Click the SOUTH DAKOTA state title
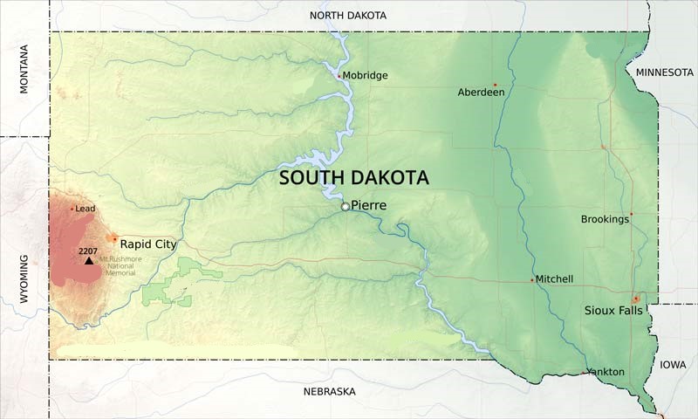point(353,178)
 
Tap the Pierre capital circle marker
point(346,207)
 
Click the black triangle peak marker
point(88,260)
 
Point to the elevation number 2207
point(87,251)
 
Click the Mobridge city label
point(365,76)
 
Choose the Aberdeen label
point(481,92)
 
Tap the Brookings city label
point(605,219)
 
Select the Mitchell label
point(554,279)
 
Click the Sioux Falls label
point(611,310)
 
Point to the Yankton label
point(606,372)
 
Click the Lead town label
point(85,209)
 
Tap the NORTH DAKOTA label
point(347,16)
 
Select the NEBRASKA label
point(329,392)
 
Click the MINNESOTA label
point(664,72)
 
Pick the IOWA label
point(673,365)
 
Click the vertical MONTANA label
point(24,69)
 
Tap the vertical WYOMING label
point(24,278)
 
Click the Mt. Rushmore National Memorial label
point(120,265)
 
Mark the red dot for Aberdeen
point(495,85)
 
